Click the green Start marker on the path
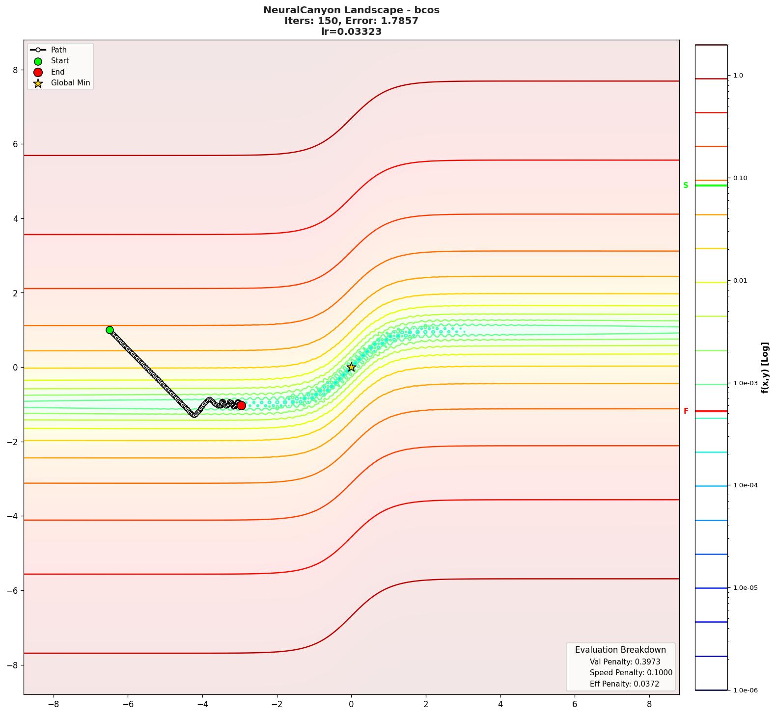pyautogui.click(x=110, y=330)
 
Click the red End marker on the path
pyautogui.click(x=241, y=405)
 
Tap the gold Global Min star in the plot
pyautogui.click(x=351, y=367)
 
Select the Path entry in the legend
pyautogui.click(x=58, y=50)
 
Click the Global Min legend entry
pyautogui.click(x=70, y=83)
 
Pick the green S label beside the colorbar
pyautogui.click(x=686, y=185)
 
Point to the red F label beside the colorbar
pyautogui.click(x=686, y=411)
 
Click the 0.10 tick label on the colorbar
pyautogui.click(x=740, y=178)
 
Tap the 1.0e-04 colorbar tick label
pyautogui.click(x=745, y=485)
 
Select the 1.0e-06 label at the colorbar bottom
pyautogui.click(x=745, y=690)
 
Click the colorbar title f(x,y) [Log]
pyautogui.click(x=765, y=368)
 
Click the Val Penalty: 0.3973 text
pyautogui.click(x=625, y=662)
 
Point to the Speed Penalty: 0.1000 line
pyautogui.click(x=631, y=673)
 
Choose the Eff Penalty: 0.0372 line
pyautogui.click(x=624, y=684)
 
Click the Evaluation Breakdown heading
pyautogui.click(x=620, y=650)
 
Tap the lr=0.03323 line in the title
pyautogui.click(x=351, y=32)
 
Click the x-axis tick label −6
pyautogui.click(x=127, y=704)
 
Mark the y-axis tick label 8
pyautogui.click(x=15, y=70)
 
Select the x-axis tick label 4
pyautogui.click(x=500, y=704)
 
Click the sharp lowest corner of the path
pyautogui.click(x=194, y=415)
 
